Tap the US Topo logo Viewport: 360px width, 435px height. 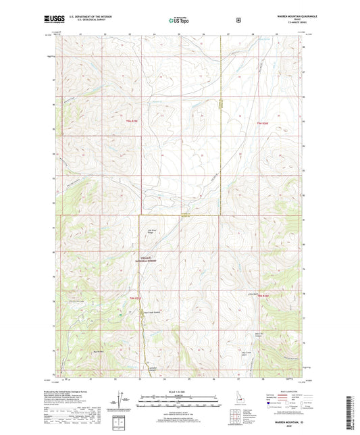pos(180,20)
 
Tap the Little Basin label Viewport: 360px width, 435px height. pos(253,293)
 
